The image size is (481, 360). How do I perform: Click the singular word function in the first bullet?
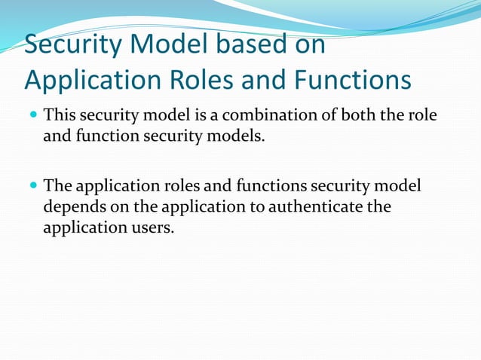click(x=104, y=138)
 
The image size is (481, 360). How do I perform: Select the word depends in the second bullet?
click(x=71, y=206)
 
